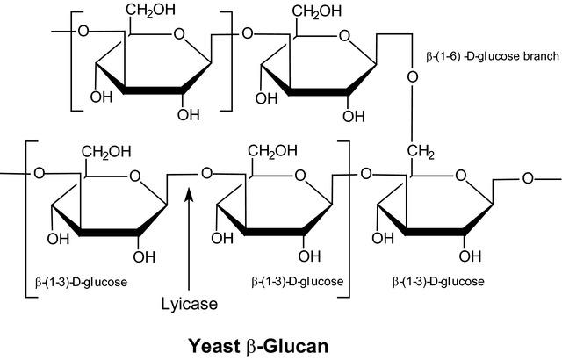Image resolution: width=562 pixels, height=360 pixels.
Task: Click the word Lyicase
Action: click(x=189, y=305)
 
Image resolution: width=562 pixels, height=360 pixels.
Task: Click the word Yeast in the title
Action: click(x=214, y=346)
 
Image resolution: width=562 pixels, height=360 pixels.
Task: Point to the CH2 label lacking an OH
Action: click(x=421, y=151)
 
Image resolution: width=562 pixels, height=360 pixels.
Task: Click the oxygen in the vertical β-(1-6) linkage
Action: click(x=413, y=77)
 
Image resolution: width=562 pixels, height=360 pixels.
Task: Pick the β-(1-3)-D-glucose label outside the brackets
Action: click(x=438, y=282)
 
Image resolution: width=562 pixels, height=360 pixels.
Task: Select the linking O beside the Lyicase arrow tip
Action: click(x=207, y=173)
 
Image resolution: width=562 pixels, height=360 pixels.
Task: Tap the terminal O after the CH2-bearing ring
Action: click(x=528, y=178)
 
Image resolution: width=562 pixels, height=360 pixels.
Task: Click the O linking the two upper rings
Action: click(x=248, y=33)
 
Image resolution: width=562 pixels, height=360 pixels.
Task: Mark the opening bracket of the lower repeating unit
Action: click(x=32, y=220)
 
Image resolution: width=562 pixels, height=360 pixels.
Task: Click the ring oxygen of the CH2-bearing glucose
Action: click(x=460, y=176)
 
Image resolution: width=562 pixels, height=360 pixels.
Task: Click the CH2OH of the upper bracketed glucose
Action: click(x=150, y=10)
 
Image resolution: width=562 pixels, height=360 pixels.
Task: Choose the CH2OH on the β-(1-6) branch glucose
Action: click(x=317, y=11)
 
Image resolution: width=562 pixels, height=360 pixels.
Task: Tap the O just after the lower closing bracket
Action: click(x=366, y=174)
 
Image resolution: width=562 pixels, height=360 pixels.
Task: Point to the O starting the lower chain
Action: click(x=39, y=173)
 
